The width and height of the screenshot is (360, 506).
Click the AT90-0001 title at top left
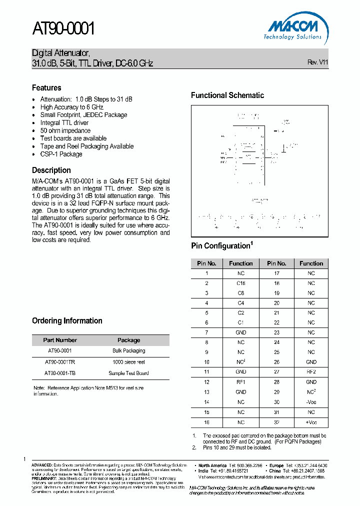pyautogui.click(x=63, y=30)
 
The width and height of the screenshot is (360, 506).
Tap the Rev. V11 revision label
pyautogui.click(x=317, y=62)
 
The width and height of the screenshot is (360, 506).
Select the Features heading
pyautogui.click(x=46, y=87)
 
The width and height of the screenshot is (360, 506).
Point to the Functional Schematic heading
pyautogui.click(x=227, y=95)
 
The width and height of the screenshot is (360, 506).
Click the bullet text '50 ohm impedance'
pyautogui.click(x=65, y=130)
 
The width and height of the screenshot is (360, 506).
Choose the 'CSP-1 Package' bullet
pyautogui.click(x=61, y=154)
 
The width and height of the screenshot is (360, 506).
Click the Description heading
pyautogui.click(x=51, y=170)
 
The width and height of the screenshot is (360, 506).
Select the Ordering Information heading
pyautogui.click(x=67, y=320)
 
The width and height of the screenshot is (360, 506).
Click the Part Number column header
pyautogui.click(x=60, y=340)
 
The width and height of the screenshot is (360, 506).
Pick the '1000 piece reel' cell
pyautogui.click(x=128, y=362)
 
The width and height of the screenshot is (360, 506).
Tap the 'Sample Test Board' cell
pyautogui.click(x=128, y=373)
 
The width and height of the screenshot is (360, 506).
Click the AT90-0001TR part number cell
pyautogui.click(x=60, y=362)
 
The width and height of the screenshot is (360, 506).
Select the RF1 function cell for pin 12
pyautogui.click(x=241, y=382)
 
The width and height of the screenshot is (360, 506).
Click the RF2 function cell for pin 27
pyautogui.click(x=311, y=372)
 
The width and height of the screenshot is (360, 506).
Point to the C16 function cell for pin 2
pyautogui.click(x=241, y=283)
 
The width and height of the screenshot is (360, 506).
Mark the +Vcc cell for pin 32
pyautogui.click(x=311, y=422)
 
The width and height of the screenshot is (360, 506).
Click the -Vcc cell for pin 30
pyautogui.click(x=311, y=402)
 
